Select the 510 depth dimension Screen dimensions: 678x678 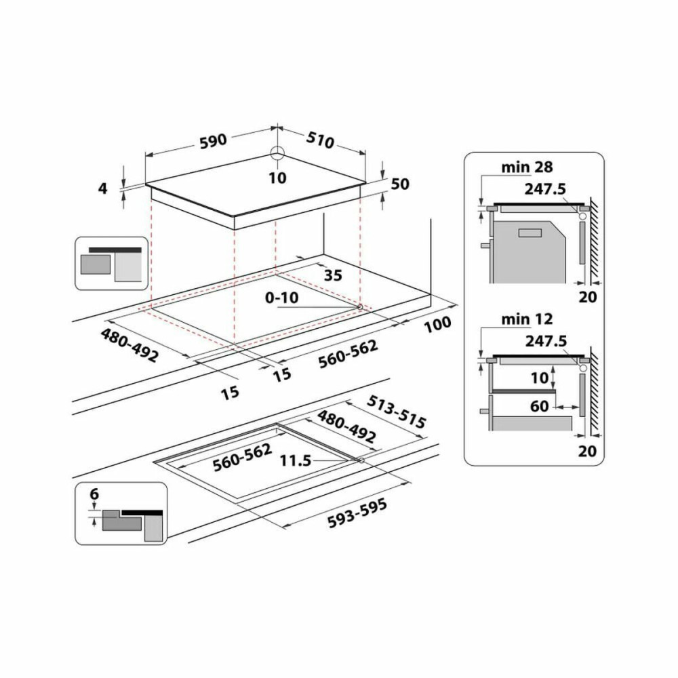tap(320, 140)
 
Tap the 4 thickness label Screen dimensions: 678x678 tap(102, 188)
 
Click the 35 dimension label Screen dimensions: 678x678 tap(333, 275)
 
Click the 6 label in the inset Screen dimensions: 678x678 tap(94, 495)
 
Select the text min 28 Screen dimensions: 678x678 tap(527, 166)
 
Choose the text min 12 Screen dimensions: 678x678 tap(527, 319)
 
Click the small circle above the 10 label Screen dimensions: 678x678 tap(277, 153)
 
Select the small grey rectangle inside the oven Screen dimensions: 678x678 tap(530, 233)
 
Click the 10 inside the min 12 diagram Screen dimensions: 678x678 tap(539, 378)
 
